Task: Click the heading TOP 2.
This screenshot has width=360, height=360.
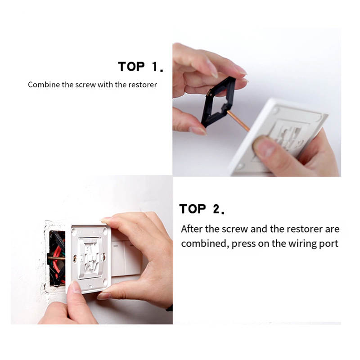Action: click(202, 209)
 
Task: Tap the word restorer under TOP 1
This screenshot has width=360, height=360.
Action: click(143, 85)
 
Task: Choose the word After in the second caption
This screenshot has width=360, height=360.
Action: click(192, 229)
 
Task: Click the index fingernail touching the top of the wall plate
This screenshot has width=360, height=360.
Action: click(106, 220)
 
